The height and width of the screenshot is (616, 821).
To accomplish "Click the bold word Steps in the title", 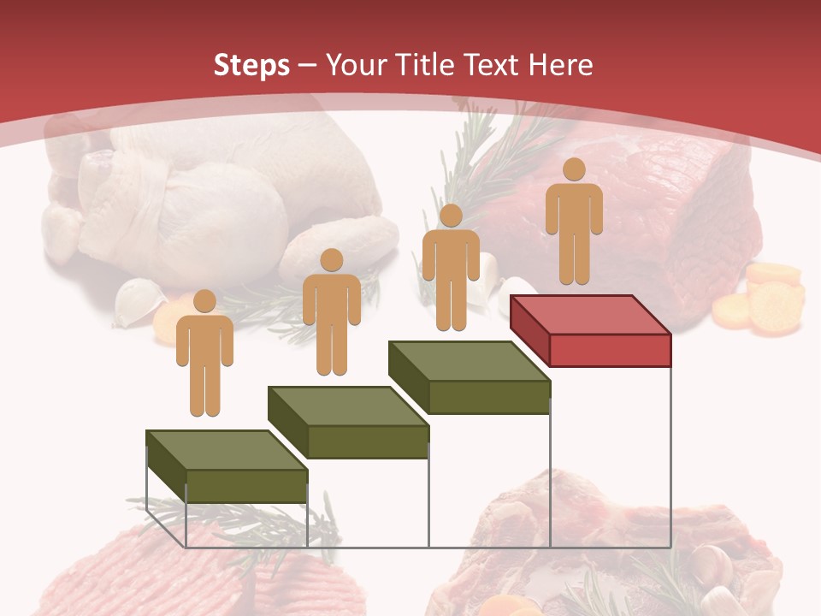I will coord(251,65).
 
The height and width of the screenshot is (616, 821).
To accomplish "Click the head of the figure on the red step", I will coord(574,169).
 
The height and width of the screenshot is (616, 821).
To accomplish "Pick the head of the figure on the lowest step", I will coord(204,301).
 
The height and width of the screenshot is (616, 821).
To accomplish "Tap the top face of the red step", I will coord(589,315).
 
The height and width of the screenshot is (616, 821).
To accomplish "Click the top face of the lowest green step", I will coord(226,450).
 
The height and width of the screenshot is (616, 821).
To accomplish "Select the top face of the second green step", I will coord(347,406).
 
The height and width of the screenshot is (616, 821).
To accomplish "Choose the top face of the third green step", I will coord(469,361).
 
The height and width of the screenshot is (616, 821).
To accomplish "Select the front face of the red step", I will coord(609,350).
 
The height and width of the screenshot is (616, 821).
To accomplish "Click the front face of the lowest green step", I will coord(246,486).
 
